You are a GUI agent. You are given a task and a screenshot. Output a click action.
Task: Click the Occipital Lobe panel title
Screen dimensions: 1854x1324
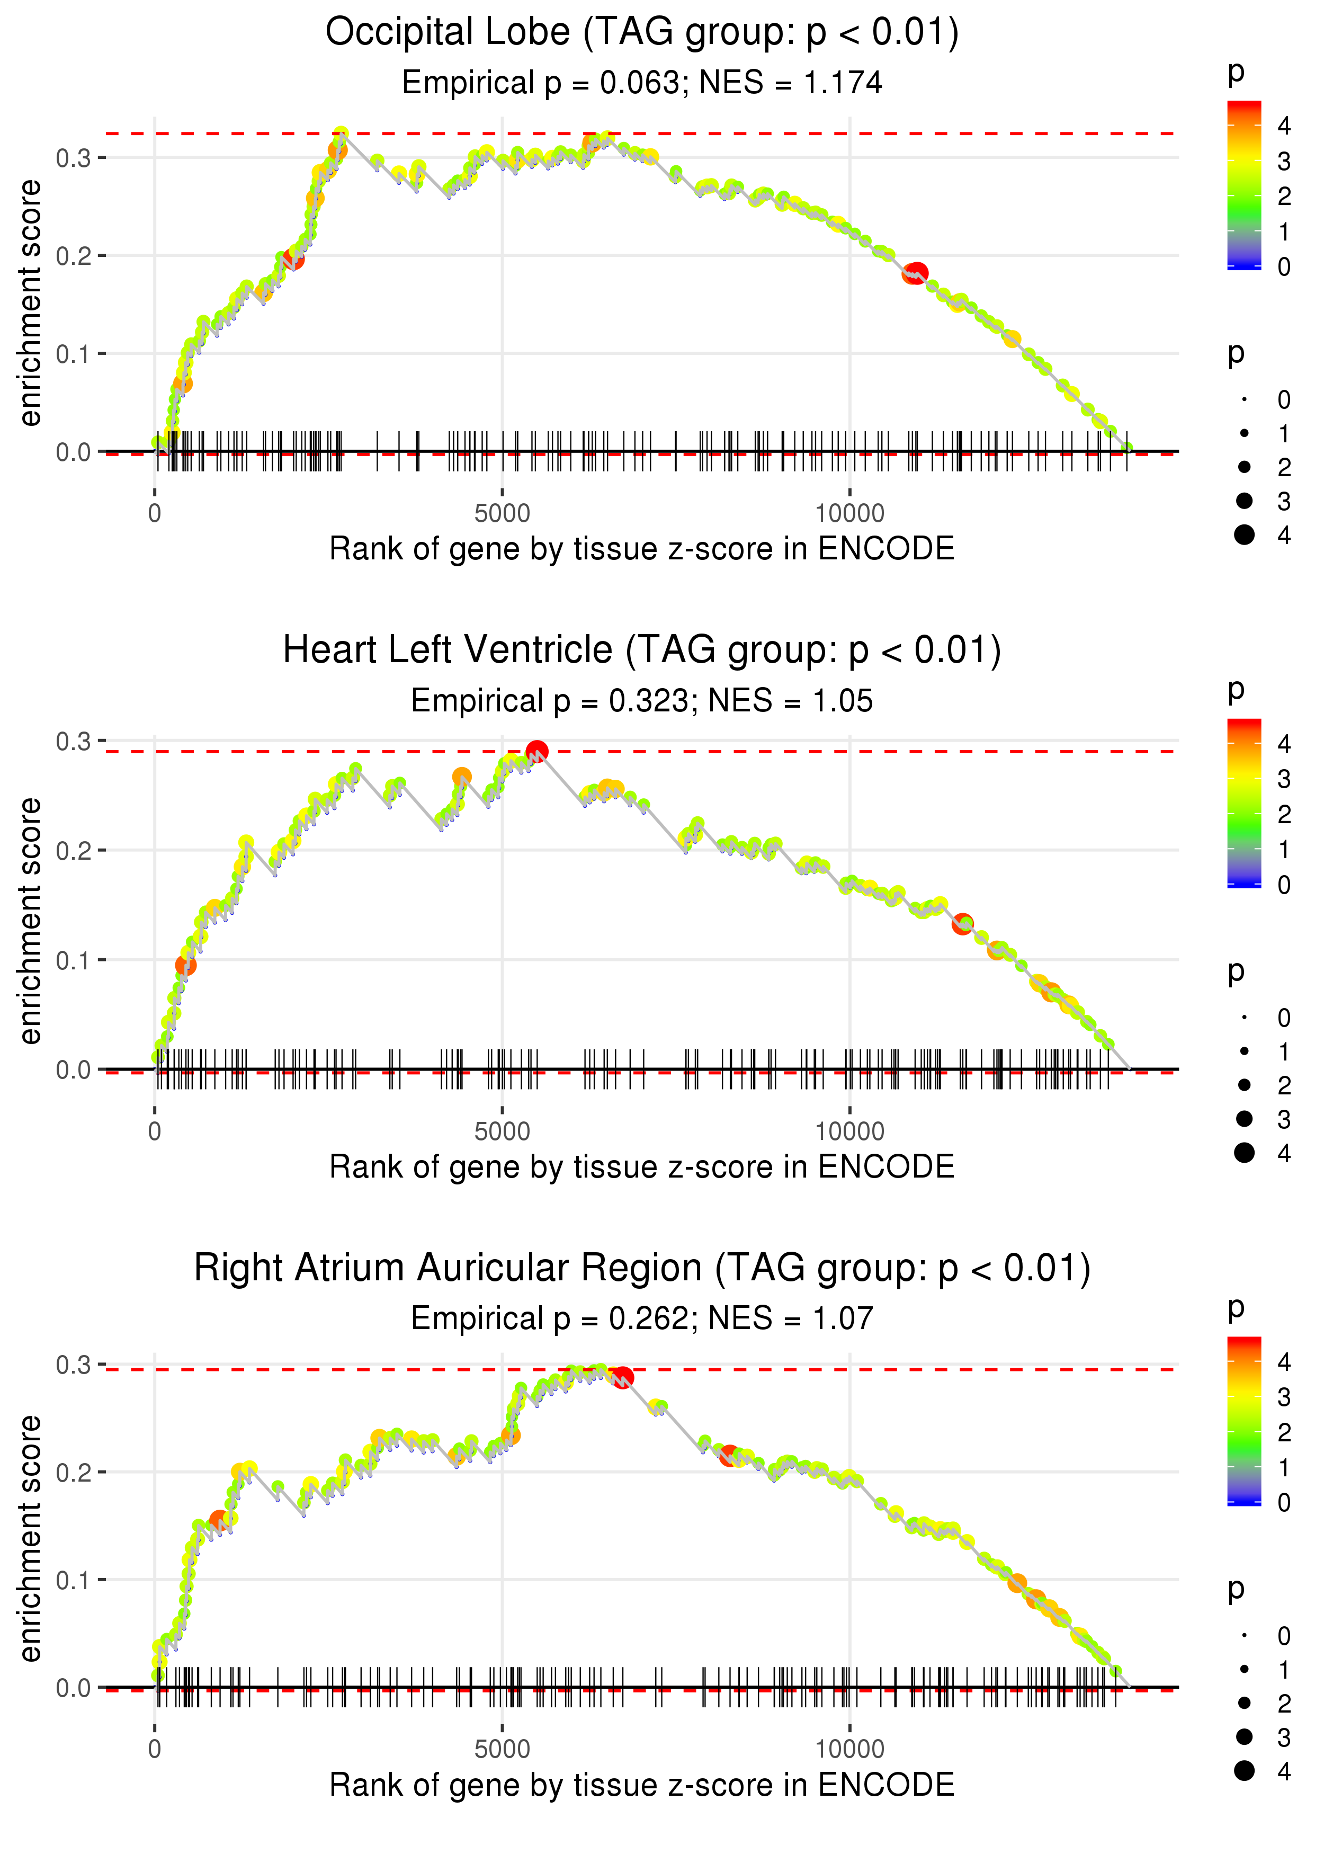tap(642, 33)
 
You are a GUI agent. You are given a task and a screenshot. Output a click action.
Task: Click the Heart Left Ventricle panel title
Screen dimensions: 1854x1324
tap(642, 650)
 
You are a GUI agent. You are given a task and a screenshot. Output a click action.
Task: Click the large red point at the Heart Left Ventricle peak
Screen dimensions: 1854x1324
tap(536, 751)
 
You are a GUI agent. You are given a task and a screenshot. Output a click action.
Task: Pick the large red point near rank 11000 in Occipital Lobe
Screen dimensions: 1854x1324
tap(917, 273)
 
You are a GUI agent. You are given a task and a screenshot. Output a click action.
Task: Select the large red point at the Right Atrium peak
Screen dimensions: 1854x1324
tap(623, 1378)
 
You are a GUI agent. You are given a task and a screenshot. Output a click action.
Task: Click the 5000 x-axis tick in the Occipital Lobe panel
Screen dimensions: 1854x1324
tap(502, 514)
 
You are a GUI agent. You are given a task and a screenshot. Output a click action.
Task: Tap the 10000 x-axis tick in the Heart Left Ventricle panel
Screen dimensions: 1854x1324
tap(849, 1131)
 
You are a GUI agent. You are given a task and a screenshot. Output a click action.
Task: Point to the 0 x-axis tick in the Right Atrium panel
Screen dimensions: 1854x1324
tap(155, 1750)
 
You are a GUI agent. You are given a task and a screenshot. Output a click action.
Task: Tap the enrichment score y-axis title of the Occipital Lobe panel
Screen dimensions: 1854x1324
tap(30, 304)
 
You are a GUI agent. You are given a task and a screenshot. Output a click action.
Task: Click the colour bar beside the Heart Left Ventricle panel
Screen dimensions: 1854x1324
tap(1244, 803)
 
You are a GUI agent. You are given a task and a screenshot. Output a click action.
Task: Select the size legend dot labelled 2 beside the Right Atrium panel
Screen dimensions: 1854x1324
tap(1244, 1703)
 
